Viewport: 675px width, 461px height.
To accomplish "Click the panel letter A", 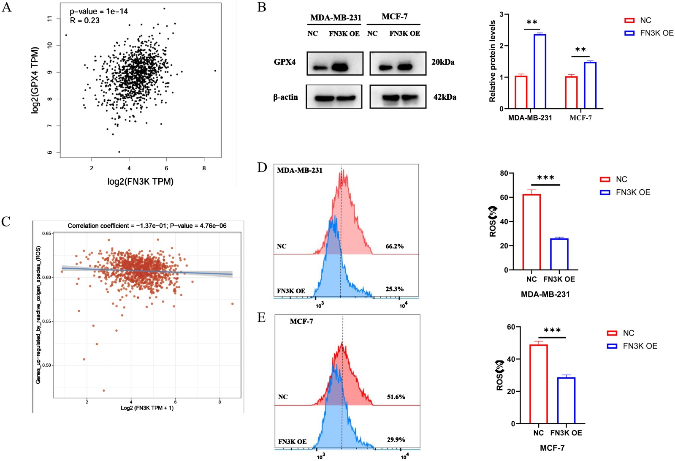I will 7,8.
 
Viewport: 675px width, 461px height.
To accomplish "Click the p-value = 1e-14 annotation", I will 99,11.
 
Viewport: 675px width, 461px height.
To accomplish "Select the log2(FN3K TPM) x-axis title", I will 140,182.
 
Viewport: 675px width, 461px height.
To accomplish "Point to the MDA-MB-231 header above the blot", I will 336,18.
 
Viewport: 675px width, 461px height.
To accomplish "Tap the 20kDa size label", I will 443,62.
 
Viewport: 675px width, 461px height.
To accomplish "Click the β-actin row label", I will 285,97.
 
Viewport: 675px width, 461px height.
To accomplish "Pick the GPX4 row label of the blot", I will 285,62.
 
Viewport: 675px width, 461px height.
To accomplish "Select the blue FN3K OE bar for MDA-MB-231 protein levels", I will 539,71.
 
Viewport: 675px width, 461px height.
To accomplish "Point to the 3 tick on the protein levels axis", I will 501,14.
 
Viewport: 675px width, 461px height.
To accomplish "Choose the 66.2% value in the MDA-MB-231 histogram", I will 394,246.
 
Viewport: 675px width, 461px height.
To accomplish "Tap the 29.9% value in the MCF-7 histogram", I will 396,440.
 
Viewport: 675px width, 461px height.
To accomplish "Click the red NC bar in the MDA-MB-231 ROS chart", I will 531,232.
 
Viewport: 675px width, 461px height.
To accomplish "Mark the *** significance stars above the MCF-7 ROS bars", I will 552,330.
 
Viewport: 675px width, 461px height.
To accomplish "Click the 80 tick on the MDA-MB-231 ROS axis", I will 504,173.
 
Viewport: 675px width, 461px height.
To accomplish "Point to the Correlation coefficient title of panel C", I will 147,226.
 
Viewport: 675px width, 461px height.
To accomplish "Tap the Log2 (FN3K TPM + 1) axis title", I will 147,408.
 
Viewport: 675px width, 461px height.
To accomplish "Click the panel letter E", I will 262,317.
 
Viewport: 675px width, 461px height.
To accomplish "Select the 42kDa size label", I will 445,97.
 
